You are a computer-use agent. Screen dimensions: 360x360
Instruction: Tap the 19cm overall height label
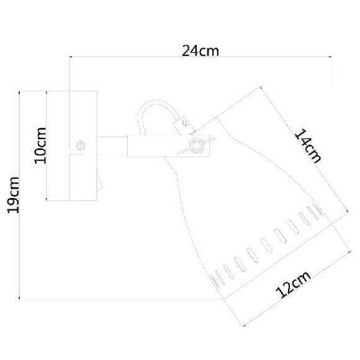click(13, 194)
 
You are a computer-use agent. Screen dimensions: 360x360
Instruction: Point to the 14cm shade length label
click(307, 145)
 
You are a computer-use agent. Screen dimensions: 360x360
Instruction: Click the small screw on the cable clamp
click(186, 124)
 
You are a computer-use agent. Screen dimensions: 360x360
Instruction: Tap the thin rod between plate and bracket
click(112, 146)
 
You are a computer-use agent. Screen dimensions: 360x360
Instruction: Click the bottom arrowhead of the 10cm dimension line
click(48, 199)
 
